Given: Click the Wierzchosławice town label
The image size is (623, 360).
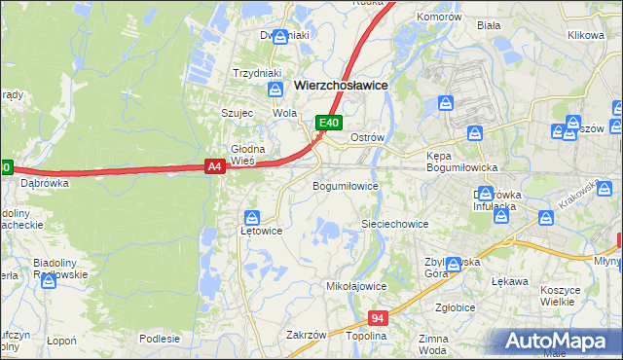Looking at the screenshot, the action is (x=341, y=86).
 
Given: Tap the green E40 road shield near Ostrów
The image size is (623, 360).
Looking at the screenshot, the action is (x=330, y=123).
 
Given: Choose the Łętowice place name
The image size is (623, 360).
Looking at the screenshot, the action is (x=261, y=232).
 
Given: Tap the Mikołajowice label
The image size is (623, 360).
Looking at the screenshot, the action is (x=356, y=287).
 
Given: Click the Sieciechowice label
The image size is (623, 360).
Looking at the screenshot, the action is (x=395, y=224).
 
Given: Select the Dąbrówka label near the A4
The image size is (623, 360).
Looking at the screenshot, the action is (x=45, y=182).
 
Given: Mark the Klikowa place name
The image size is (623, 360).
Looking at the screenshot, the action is (x=586, y=35).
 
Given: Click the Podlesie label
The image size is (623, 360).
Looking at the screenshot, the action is (x=160, y=339).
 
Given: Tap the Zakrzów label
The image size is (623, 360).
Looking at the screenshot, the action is (x=306, y=335).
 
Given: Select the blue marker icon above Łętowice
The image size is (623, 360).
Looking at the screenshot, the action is (x=253, y=217).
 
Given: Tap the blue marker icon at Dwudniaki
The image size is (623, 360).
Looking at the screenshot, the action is (x=281, y=37).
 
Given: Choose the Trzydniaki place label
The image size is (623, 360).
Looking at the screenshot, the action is (x=257, y=73).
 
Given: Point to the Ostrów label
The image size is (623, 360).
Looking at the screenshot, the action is (x=368, y=137).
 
